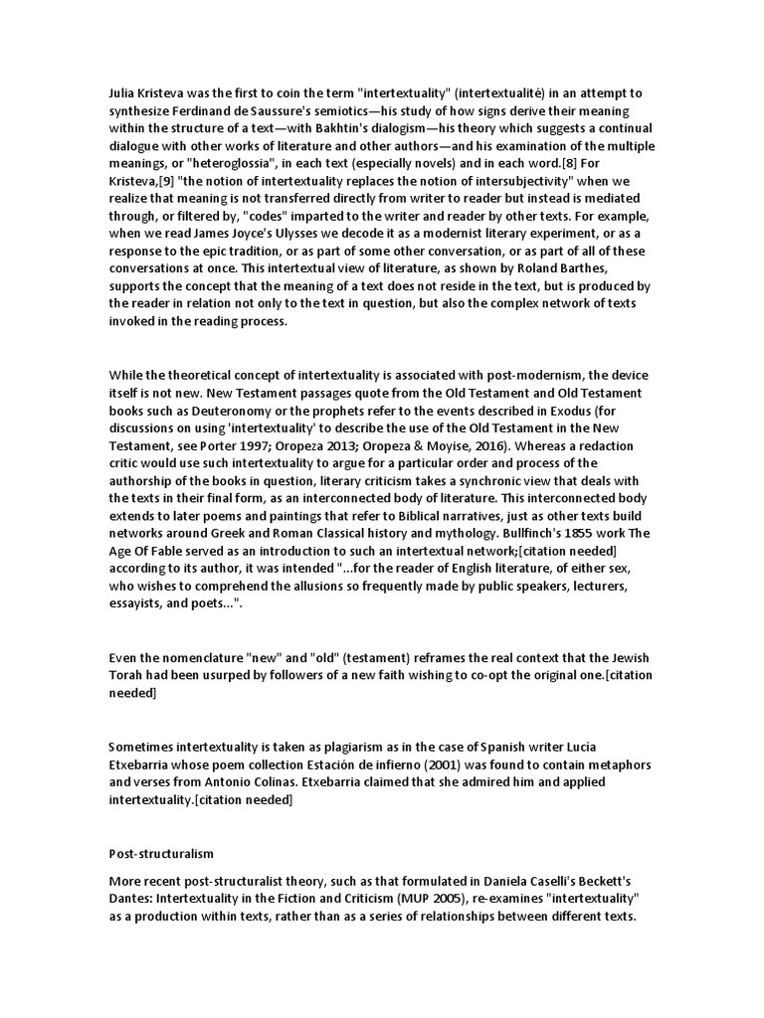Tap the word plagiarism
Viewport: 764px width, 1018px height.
point(329,746)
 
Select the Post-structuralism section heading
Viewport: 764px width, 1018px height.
point(162,853)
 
